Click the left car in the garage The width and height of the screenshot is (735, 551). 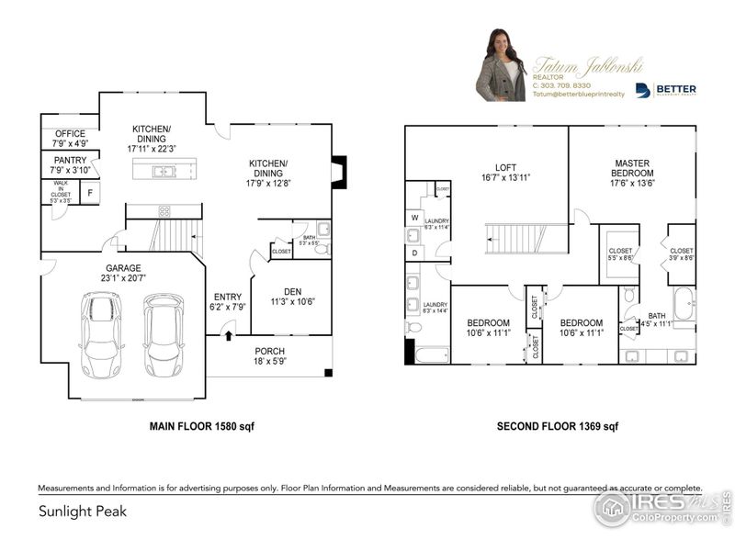point(102,334)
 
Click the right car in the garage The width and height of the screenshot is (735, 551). point(164,334)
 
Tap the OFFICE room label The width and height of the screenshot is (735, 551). point(70,139)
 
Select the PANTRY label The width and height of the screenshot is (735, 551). point(70,165)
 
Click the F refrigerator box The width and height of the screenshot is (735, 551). point(90,193)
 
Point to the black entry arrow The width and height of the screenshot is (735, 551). point(229,336)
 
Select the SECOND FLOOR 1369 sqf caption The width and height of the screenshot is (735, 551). point(557,426)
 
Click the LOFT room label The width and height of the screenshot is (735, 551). point(505,173)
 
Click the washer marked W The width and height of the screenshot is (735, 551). point(413,218)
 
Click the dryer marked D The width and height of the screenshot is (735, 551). point(413,252)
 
